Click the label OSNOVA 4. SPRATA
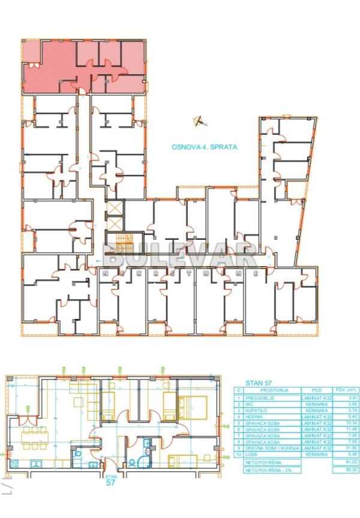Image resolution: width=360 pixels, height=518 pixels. point(205,146)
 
